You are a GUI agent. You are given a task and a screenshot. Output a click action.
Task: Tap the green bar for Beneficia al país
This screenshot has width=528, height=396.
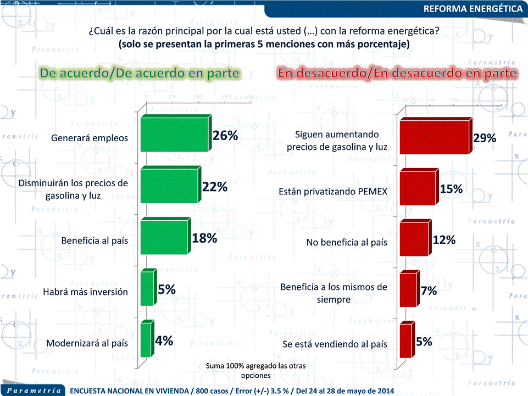click(164, 237)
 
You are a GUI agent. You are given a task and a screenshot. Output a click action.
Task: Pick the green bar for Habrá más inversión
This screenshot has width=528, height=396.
click(147, 288)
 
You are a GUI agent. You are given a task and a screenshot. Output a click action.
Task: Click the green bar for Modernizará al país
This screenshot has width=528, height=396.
click(146, 340)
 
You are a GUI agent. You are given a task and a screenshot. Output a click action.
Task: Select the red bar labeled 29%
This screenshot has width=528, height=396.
click(434, 137)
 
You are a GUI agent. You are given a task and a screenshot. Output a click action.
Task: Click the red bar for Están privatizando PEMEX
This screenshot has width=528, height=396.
click(418, 188)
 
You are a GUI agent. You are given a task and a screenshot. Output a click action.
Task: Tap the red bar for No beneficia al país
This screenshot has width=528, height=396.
click(413, 239)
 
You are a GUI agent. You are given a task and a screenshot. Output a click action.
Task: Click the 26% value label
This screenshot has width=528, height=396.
click(225, 136)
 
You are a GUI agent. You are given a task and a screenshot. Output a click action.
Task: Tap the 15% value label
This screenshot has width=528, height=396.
click(451, 189)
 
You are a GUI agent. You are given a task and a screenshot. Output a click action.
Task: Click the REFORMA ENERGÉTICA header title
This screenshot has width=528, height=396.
click(473, 9)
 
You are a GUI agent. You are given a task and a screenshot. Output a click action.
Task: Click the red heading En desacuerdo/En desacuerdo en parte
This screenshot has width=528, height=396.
click(397, 73)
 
